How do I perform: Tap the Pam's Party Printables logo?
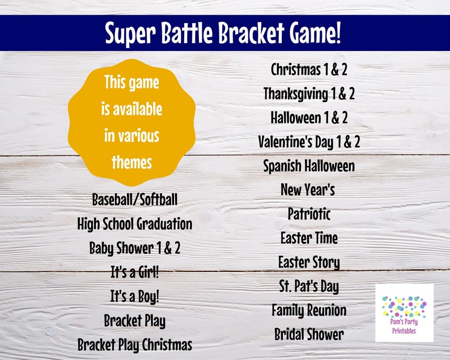(404, 313)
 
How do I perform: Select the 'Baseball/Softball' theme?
(135, 200)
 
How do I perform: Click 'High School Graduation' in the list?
(135, 224)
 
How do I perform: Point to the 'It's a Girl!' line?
(135, 272)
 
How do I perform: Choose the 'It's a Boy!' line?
(135, 296)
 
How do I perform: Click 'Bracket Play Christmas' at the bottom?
(135, 344)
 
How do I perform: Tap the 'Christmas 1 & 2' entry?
(309, 70)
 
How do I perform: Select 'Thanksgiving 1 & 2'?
(309, 94)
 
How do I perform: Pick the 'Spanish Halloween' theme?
(309, 166)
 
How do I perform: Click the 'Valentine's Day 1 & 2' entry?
(309, 142)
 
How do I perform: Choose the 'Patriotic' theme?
(309, 214)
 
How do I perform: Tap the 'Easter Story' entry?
(309, 262)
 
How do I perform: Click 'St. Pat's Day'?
(309, 286)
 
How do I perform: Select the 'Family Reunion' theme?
(309, 311)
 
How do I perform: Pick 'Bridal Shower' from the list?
(309, 334)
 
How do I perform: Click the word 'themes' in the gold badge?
(131, 163)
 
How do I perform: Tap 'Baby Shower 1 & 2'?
(135, 248)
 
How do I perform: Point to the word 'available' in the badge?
(131, 109)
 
